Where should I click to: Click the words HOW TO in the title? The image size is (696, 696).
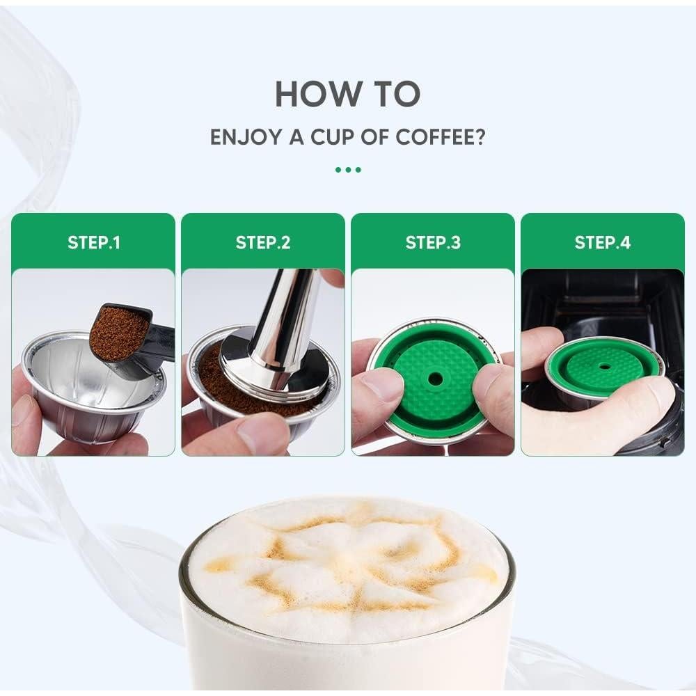[x=347, y=94]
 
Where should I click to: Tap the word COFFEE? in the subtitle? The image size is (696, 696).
[x=440, y=136]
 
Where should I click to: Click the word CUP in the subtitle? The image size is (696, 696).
[x=331, y=136]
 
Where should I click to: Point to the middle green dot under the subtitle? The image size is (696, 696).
[x=347, y=169]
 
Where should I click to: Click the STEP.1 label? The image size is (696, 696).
[x=93, y=243]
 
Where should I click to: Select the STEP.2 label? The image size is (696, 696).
[x=263, y=243]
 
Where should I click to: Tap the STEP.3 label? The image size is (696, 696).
[x=433, y=243]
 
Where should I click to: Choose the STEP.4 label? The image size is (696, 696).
[x=603, y=243]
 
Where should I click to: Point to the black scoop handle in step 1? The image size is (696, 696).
[x=160, y=345]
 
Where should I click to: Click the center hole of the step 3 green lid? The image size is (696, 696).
[x=435, y=379]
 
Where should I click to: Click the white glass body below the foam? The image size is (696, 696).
[x=348, y=661]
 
